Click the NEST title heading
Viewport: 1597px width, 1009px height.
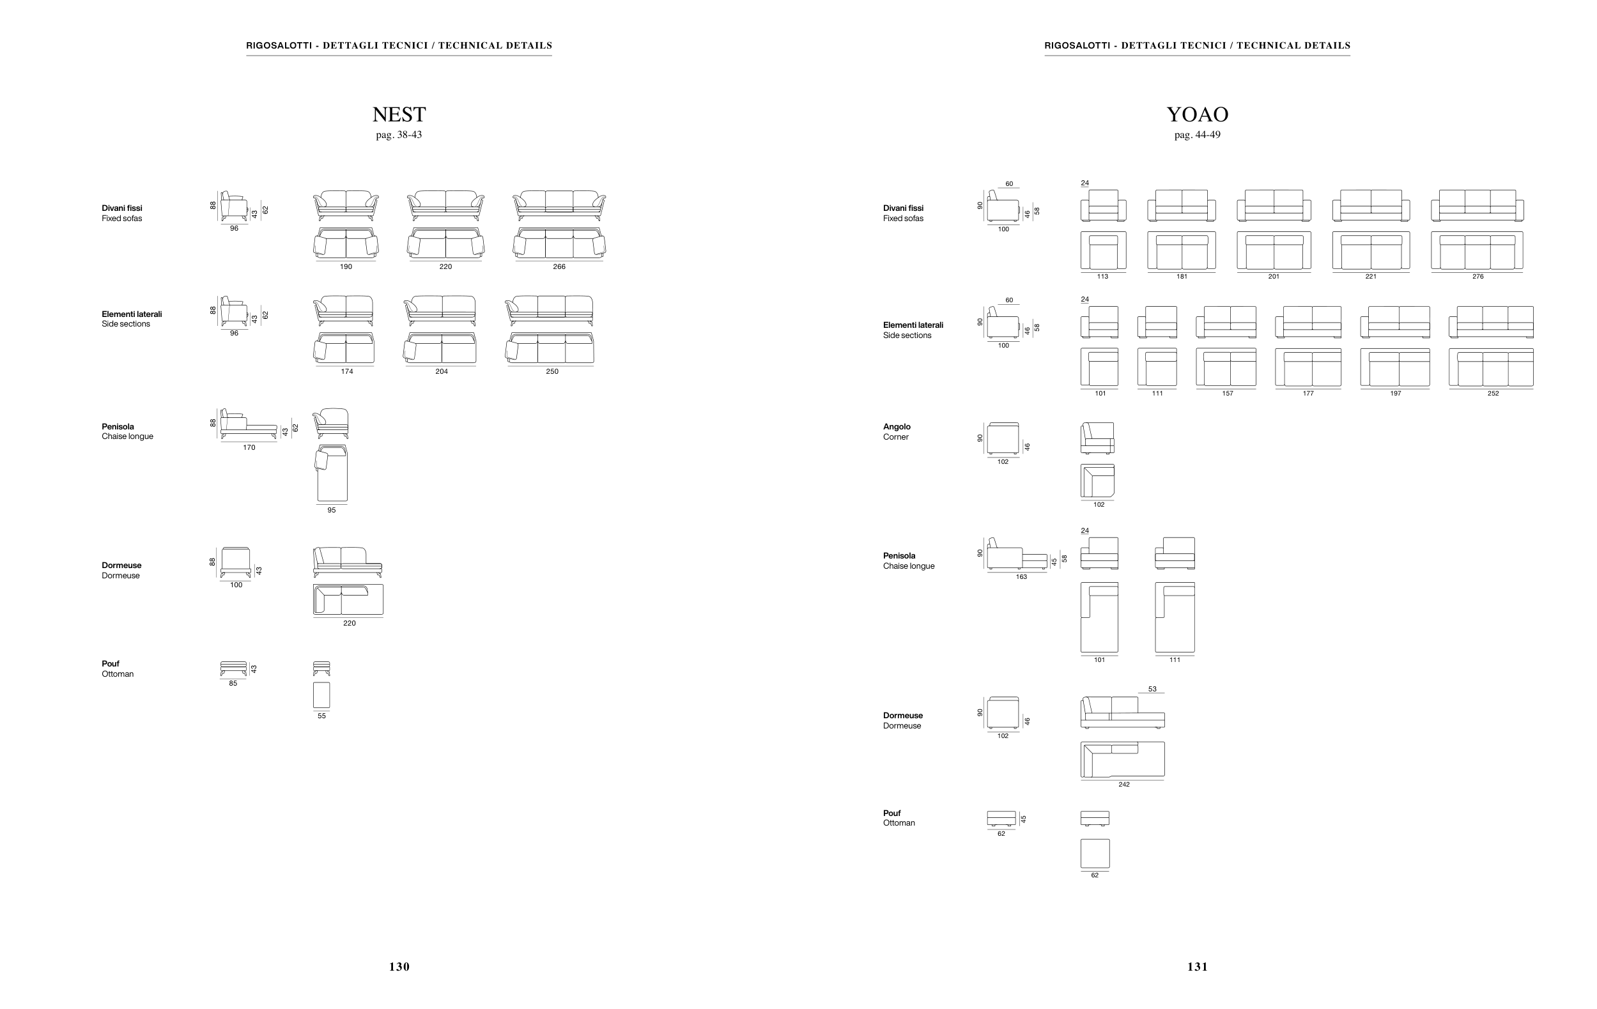point(399,114)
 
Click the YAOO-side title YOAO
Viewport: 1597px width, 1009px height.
point(1197,114)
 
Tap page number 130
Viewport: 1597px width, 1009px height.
point(399,967)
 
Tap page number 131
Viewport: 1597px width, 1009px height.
point(1198,967)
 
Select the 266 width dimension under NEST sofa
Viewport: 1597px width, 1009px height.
point(559,266)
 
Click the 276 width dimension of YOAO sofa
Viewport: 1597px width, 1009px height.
point(1478,277)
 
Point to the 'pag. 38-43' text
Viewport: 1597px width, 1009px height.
point(399,135)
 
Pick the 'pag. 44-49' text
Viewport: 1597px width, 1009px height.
point(1197,135)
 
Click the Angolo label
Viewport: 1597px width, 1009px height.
point(897,427)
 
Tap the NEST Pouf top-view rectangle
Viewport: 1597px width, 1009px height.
point(321,695)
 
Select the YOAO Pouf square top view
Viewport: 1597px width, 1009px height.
point(1095,854)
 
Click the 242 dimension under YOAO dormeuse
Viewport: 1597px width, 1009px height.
point(1124,784)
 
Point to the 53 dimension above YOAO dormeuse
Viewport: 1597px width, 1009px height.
point(1152,689)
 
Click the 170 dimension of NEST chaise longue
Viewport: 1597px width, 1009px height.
point(249,447)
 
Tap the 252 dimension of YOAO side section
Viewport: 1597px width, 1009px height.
point(1493,393)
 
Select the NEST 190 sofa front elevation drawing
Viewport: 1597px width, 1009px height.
point(346,206)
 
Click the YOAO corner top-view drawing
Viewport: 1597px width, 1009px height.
point(1098,481)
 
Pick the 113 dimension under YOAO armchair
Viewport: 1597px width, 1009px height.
point(1102,277)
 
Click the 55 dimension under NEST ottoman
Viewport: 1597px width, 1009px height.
point(321,716)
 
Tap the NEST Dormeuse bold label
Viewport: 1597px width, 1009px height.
point(121,566)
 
